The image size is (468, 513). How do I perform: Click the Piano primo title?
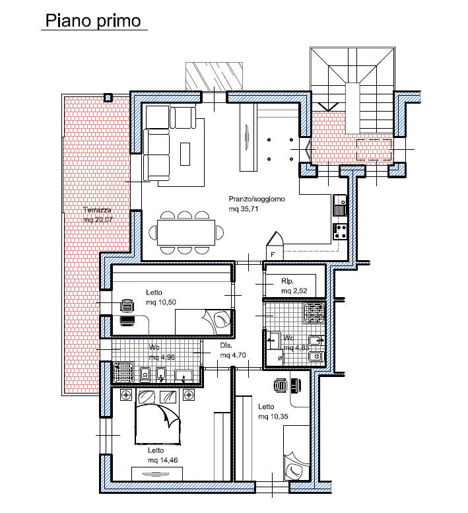coord(93,21)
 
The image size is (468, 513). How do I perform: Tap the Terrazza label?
coord(97,210)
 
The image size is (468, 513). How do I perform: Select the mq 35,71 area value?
coord(244,209)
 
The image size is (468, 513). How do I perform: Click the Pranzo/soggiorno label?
coord(257,199)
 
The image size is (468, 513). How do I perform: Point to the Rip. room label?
coord(288,281)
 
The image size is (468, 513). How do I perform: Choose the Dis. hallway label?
coord(226,345)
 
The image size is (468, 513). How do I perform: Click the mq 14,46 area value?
coord(163,460)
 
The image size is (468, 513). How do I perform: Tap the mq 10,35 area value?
coord(273,417)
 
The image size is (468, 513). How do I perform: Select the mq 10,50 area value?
coord(161,302)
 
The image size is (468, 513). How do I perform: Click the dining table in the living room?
coord(186,232)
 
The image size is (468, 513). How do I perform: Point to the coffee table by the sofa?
coord(185,154)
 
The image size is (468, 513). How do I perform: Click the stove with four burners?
coord(340,231)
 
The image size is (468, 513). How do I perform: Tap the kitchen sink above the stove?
coord(340,205)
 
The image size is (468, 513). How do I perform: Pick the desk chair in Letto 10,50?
coord(127,306)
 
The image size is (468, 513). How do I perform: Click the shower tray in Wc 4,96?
coord(123,372)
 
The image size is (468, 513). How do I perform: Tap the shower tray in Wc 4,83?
coord(315,313)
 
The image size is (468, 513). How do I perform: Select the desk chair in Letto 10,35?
coord(281,386)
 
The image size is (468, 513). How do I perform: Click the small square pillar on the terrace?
coord(108,98)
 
